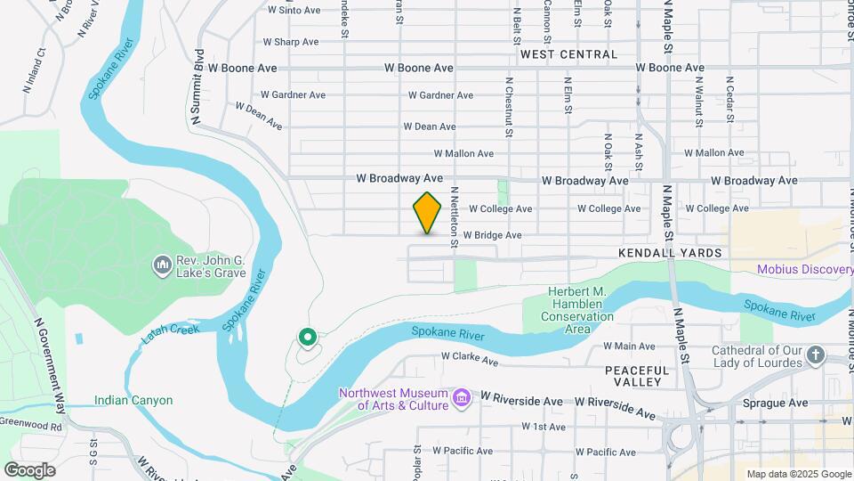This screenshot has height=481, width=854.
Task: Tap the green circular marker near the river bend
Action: (x=307, y=337)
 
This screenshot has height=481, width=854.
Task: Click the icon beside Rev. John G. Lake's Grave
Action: (x=162, y=265)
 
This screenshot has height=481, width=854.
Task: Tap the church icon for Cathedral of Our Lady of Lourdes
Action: (x=816, y=356)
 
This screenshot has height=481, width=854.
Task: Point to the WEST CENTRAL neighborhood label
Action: (x=568, y=54)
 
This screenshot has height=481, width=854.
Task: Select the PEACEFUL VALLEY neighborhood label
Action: (x=635, y=375)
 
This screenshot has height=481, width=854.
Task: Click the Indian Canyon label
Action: (x=133, y=401)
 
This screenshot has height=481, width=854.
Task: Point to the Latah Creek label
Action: (x=173, y=334)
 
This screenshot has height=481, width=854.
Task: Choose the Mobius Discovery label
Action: (x=804, y=270)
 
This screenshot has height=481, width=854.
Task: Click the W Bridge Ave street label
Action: (x=492, y=235)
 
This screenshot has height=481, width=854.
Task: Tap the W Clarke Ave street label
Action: (x=470, y=361)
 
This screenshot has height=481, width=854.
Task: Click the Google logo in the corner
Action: (x=29, y=469)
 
